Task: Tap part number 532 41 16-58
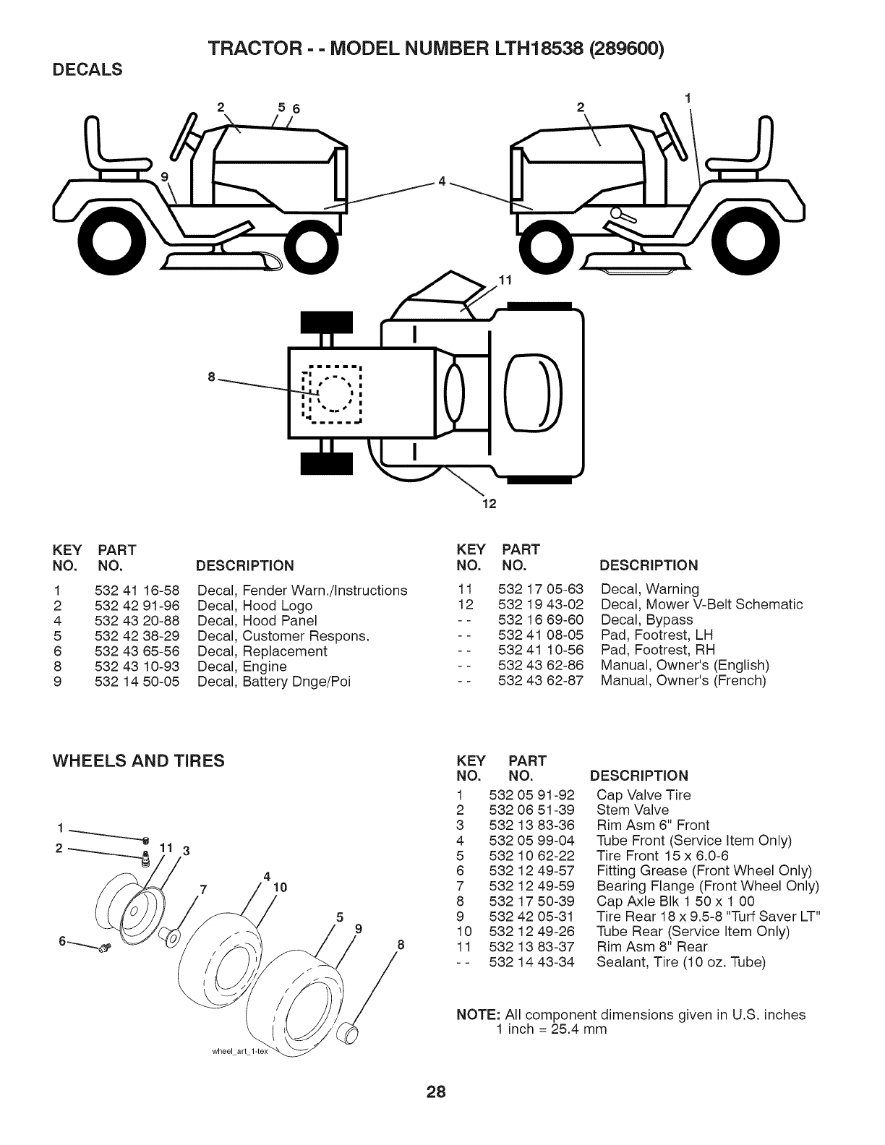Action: [x=137, y=591]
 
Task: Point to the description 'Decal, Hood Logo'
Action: [x=255, y=606]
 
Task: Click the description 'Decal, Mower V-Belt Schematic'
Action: [x=701, y=604]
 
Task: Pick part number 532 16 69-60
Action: [x=541, y=619]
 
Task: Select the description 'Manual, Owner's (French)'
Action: [x=683, y=680]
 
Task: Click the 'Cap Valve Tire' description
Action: [x=644, y=795]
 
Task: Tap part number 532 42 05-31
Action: [x=532, y=916]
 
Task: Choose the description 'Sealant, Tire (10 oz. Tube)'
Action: [x=680, y=962]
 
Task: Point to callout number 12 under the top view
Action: [x=487, y=504]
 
